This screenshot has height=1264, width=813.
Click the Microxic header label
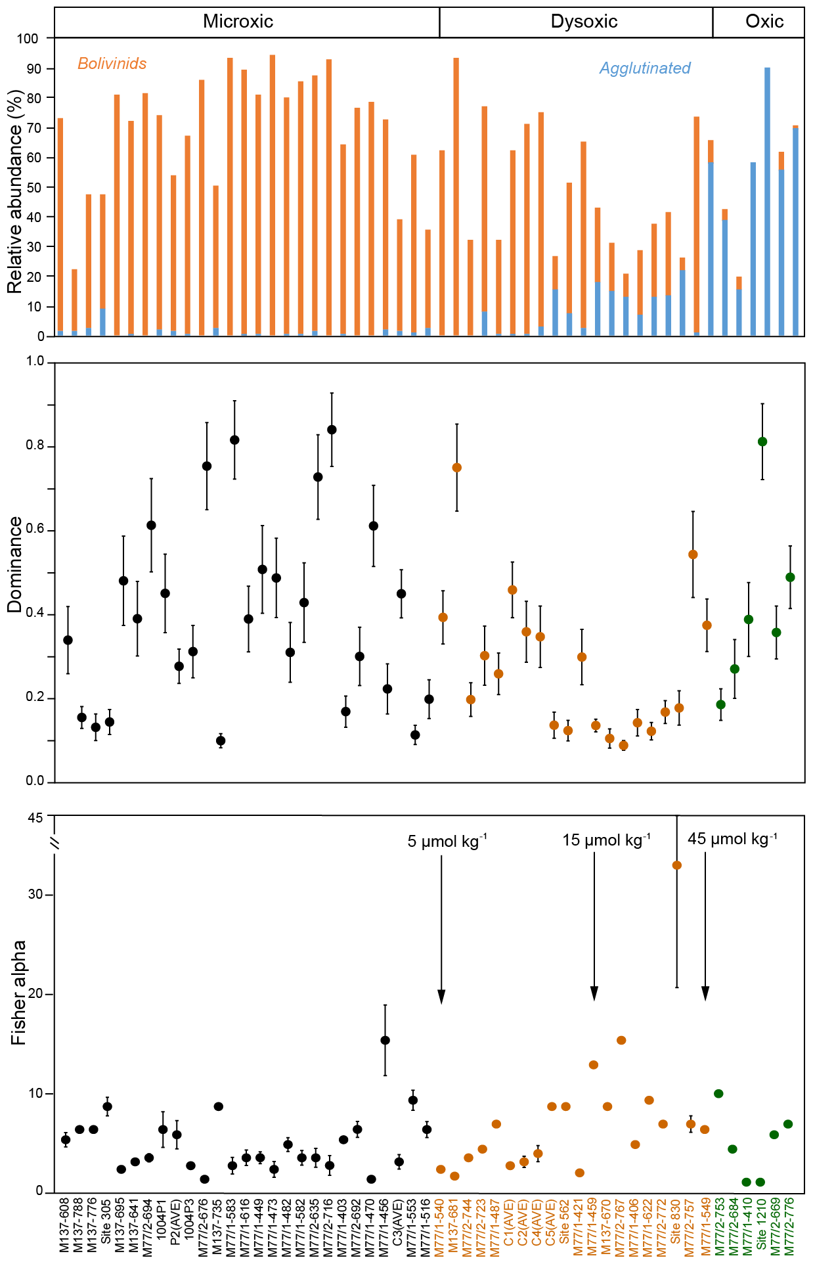(238, 22)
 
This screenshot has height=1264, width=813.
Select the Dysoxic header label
(584, 22)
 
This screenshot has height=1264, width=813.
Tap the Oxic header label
(764, 22)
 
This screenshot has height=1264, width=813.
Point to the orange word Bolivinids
(112, 64)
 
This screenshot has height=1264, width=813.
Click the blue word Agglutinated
(645, 68)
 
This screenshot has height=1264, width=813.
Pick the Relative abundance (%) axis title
(15, 191)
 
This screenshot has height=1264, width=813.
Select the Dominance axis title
(15, 565)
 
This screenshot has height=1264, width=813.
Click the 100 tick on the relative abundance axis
(28, 39)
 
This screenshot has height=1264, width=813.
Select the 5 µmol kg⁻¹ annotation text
(447, 842)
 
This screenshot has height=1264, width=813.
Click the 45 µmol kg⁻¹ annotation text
(732, 839)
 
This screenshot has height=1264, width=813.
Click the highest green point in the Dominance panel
(762, 441)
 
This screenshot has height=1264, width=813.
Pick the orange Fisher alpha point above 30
(677, 865)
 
